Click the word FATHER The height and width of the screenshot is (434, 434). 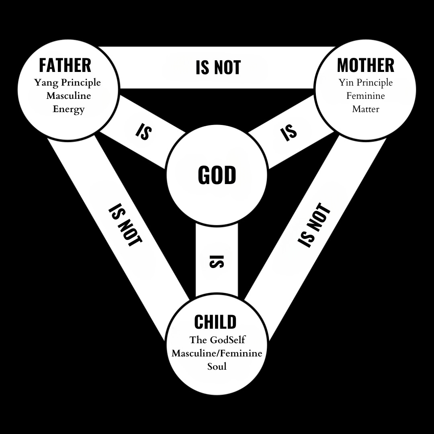tap(65, 65)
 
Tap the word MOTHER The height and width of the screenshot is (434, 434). tap(365, 65)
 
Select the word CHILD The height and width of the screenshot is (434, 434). tap(215, 322)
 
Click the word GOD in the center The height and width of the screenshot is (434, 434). tap(217, 175)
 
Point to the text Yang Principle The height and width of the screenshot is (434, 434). tap(68, 83)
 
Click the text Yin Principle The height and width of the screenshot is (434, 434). tap(365, 83)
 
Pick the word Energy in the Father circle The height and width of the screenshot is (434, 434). tap(68, 109)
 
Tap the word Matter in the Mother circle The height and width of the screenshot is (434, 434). tap(365, 109)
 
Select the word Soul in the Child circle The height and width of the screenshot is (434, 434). tap(217, 366)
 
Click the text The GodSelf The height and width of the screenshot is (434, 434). tap(217, 340)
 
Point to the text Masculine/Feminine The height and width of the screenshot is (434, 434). tap(217, 353)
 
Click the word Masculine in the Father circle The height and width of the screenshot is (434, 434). tap(68, 96)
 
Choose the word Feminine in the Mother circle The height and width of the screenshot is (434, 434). tap(365, 96)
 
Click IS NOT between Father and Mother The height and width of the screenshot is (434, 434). tap(218, 67)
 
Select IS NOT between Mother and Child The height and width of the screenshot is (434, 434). tap(314, 225)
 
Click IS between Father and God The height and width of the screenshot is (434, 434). tap(143, 131)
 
